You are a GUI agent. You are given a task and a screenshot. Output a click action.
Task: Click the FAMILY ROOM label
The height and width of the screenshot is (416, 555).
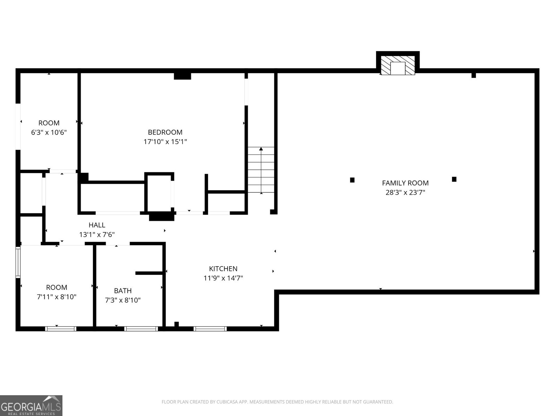click(x=405, y=183)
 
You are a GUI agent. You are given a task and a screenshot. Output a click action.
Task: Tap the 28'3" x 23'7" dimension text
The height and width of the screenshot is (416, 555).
click(x=405, y=192)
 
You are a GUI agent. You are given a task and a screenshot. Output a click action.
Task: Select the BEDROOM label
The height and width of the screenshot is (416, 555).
click(x=165, y=132)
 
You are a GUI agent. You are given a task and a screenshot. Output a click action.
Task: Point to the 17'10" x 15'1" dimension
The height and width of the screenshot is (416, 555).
click(x=165, y=141)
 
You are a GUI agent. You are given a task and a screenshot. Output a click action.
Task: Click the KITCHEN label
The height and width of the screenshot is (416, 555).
click(x=223, y=268)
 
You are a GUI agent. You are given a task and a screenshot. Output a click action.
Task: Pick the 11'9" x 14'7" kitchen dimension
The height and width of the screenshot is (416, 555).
click(x=223, y=278)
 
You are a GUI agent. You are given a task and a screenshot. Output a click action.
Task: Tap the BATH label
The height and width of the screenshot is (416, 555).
click(x=123, y=291)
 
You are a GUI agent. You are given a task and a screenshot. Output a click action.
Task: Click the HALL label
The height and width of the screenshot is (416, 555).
click(x=97, y=225)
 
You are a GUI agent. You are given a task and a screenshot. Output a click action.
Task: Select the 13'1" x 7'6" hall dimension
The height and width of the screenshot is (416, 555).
click(x=97, y=235)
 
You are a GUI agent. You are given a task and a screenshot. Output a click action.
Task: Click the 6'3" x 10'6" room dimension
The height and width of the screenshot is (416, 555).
click(x=49, y=132)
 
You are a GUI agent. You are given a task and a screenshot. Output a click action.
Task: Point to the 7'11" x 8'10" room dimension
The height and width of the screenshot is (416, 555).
click(x=57, y=297)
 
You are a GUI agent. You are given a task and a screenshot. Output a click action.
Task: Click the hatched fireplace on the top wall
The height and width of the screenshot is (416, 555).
click(x=398, y=66)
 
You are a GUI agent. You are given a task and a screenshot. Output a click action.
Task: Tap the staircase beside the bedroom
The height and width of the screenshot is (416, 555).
click(x=261, y=170)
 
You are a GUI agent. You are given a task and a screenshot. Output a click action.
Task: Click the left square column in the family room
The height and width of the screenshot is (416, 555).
click(x=352, y=180)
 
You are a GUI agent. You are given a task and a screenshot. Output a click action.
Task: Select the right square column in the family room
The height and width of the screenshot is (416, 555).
click(x=454, y=179)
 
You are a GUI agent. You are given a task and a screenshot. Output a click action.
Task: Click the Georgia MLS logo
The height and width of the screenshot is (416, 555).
click(x=31, y=406)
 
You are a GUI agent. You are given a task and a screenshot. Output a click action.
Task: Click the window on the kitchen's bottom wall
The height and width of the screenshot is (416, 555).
click(x=210, y=329)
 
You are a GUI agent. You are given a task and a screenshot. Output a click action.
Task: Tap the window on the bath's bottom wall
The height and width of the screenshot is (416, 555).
click(x=141, y=329)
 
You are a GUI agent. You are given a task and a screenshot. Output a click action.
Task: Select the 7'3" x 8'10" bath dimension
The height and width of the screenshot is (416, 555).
click(x=123, y=300)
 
